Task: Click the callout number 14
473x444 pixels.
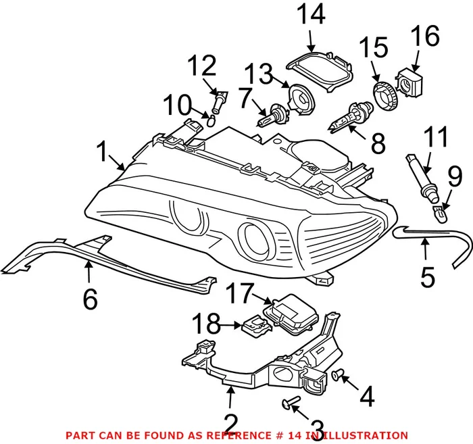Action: click(x=313, y=15)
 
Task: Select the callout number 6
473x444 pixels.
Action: click(x=90, y=297)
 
